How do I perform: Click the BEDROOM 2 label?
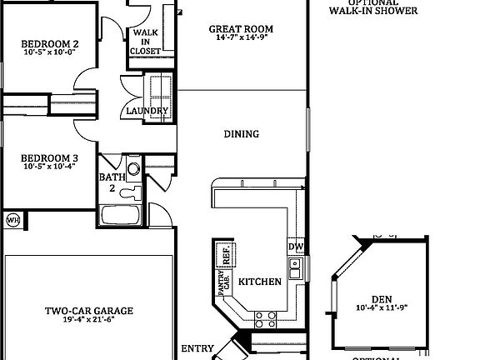(49, 43)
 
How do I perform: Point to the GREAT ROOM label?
(240, 29)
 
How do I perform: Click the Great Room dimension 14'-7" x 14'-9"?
(240, 38)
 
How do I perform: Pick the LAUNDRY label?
(147, 111)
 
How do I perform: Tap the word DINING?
(241, 134)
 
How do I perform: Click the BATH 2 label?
(112, 182)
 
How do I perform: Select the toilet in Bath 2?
(130, 192)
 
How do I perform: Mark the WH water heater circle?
(12, 220)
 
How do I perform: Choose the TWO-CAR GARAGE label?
(88, 311)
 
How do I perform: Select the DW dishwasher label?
(295, 247)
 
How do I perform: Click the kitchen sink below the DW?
(295, 268)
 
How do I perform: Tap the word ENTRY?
(197, 348)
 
